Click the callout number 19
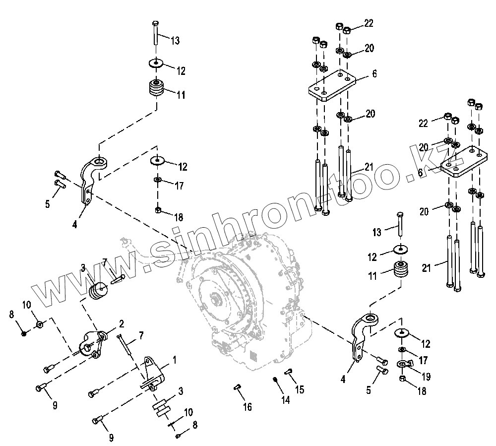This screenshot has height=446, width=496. pyautogui.click(x=425, y=377)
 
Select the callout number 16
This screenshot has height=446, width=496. pyautogui.click(x=247, y=407)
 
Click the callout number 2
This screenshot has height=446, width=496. pyautogui.click(x=121, y=324)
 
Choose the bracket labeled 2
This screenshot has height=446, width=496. pyautogui.click(x=93, y=343)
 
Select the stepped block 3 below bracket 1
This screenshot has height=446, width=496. pyautogui.click(x=161, y=407)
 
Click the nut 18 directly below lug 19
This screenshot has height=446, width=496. pyautogui.click(x=403, y=380)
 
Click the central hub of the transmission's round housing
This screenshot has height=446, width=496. pyautogui.click(x=217, y=301)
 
